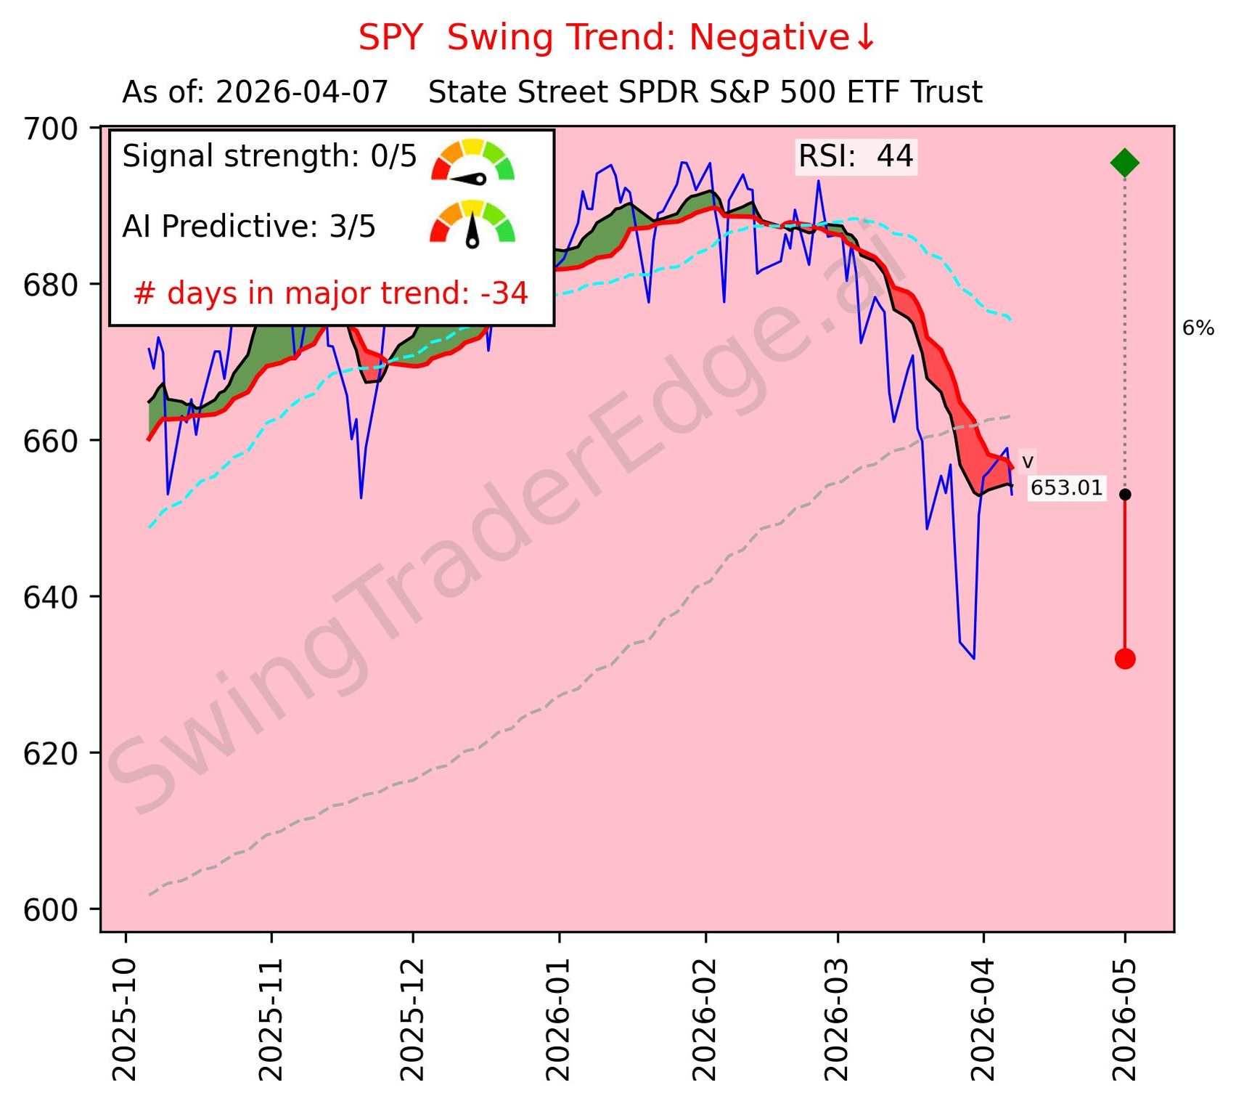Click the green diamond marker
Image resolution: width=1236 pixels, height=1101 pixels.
tap(1124, 163)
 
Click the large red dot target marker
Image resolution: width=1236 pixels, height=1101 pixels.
tap(1124, 659)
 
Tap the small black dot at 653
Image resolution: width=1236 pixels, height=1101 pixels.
tap(1124, 495)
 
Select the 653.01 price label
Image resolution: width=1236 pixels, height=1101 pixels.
tap(1066, 488)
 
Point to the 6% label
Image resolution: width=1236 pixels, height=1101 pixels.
tap(1198, 328)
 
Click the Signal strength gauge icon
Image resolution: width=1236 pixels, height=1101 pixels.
tap(472, 160)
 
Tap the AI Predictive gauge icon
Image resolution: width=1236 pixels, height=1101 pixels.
tap(472, 222)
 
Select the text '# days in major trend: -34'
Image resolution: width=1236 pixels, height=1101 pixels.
tap(331, 293)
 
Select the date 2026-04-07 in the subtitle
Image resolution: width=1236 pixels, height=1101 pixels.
tap(302, 93)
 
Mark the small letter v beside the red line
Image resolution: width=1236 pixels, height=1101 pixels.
tap(1027, 462)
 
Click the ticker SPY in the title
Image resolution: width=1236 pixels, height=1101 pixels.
tap(390, 38)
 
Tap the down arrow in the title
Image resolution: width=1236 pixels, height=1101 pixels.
tap(865, 38)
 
